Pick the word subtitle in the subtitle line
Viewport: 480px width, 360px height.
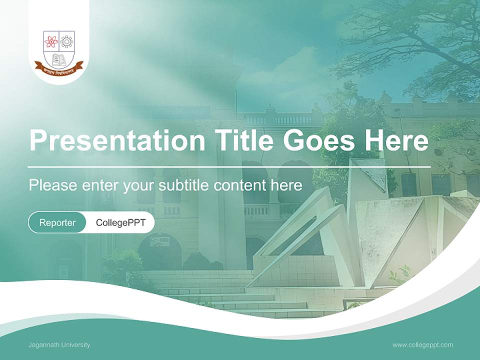(185, 185)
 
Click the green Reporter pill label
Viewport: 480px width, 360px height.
(57, 222)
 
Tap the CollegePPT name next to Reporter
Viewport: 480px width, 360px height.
(120, 222)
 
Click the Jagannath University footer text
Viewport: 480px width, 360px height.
(59, 345)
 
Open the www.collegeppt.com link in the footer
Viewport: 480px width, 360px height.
(422, 345)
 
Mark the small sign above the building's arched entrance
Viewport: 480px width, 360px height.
(160, 241)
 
